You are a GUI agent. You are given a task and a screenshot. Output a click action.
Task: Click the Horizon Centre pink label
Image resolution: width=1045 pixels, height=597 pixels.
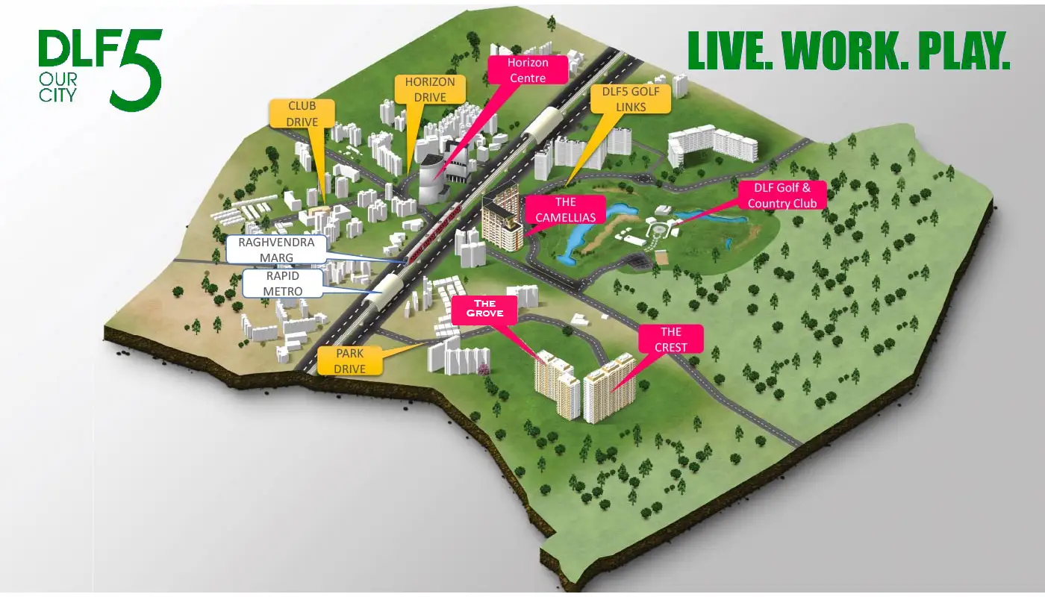coord(527,70)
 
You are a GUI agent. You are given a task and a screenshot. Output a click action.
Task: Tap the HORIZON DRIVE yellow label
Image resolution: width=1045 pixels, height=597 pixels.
coord(430,90)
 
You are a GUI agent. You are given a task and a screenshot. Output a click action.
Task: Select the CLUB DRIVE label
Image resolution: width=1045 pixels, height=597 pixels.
coord(302,114)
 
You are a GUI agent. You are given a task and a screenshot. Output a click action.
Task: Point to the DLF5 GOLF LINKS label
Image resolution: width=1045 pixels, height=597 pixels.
coord(629,99)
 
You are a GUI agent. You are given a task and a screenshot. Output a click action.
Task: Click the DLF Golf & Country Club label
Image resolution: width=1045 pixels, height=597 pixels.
coord(782,196)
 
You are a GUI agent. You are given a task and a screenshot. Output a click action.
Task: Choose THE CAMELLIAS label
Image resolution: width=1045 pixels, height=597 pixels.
coord(566,210)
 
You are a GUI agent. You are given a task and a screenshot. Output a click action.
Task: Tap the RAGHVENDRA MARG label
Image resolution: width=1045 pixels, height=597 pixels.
coord(276,250)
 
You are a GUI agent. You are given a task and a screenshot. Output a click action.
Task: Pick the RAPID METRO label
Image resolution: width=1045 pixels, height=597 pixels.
coord(283,284)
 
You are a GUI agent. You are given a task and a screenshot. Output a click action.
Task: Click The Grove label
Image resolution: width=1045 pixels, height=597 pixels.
coord(484,309)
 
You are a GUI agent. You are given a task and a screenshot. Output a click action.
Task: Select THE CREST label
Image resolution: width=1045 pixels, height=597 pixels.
coord(671,339)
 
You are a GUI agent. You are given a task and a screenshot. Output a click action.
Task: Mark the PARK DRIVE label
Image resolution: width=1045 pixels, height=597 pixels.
coord(350,360)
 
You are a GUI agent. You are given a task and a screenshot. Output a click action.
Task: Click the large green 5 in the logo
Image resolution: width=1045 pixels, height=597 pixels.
coord(137,71)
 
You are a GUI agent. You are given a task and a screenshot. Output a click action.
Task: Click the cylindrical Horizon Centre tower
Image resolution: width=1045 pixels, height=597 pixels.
coord(431,181)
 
